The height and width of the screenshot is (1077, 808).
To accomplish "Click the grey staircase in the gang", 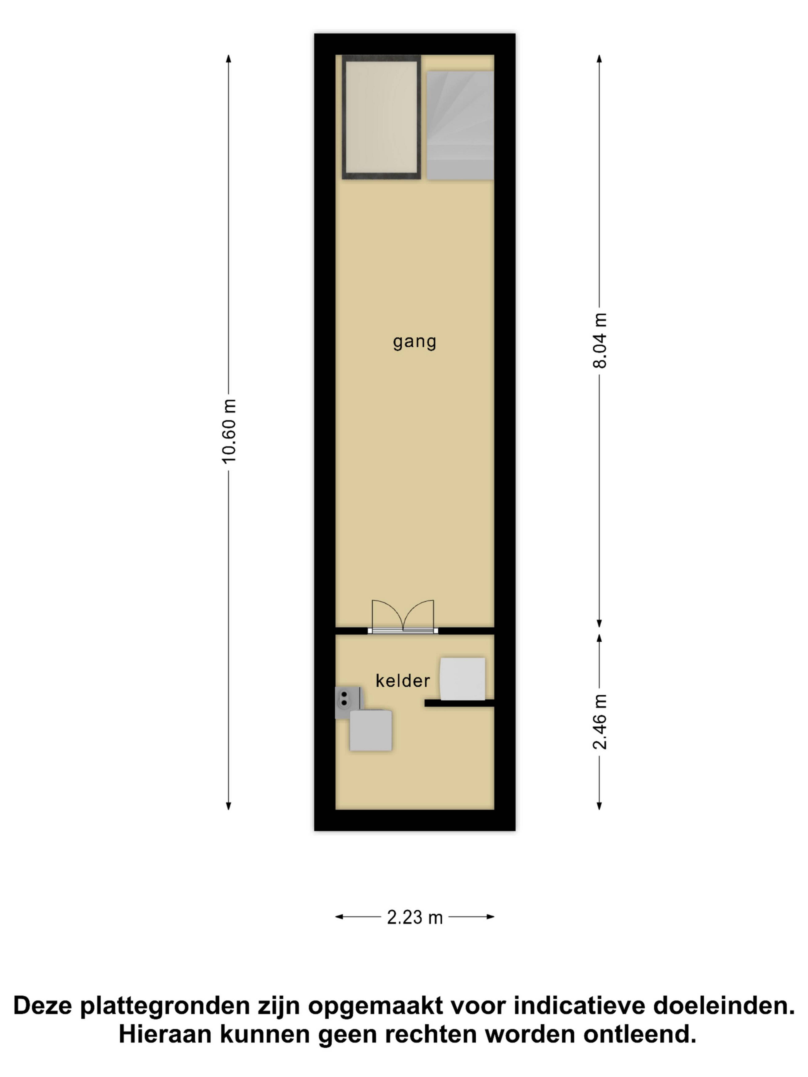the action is pyautogui.click(x=460, y=126).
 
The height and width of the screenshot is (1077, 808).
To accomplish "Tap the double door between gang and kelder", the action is pyautogui.click(x=403, y=616).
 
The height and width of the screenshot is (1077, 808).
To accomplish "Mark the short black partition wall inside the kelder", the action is pyautogui.click(x=459, y=703).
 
